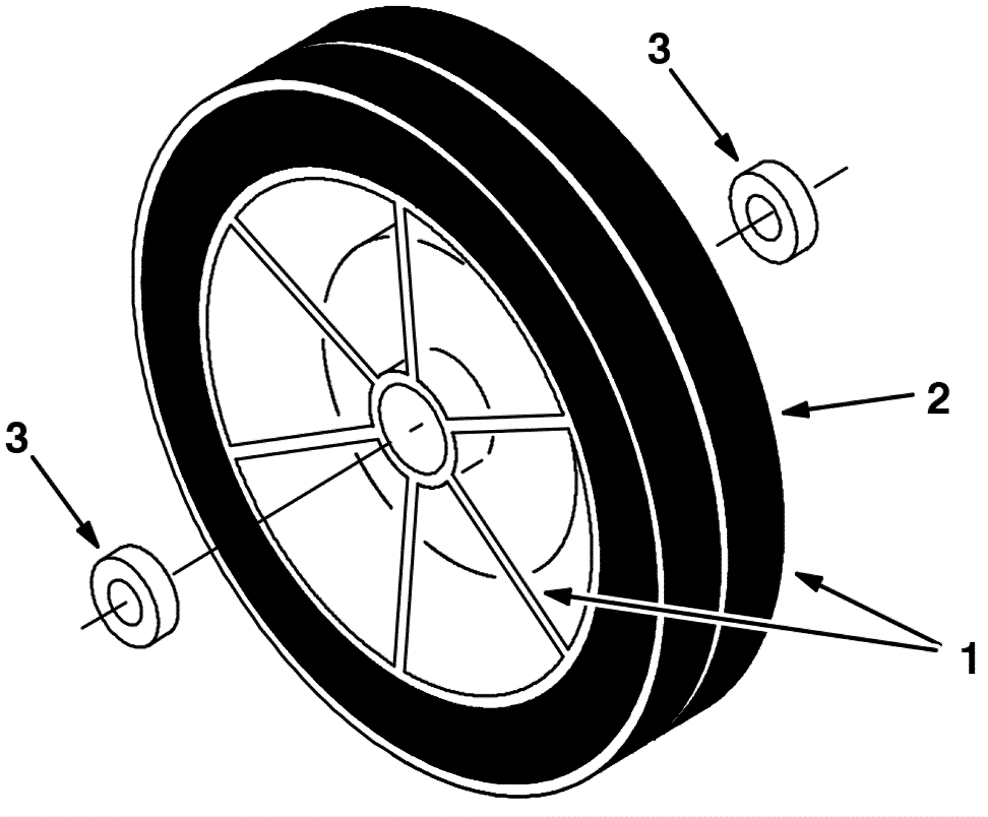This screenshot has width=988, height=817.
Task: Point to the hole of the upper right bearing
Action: coord(763,220)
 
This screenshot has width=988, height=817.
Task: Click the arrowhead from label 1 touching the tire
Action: coord(803,577)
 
